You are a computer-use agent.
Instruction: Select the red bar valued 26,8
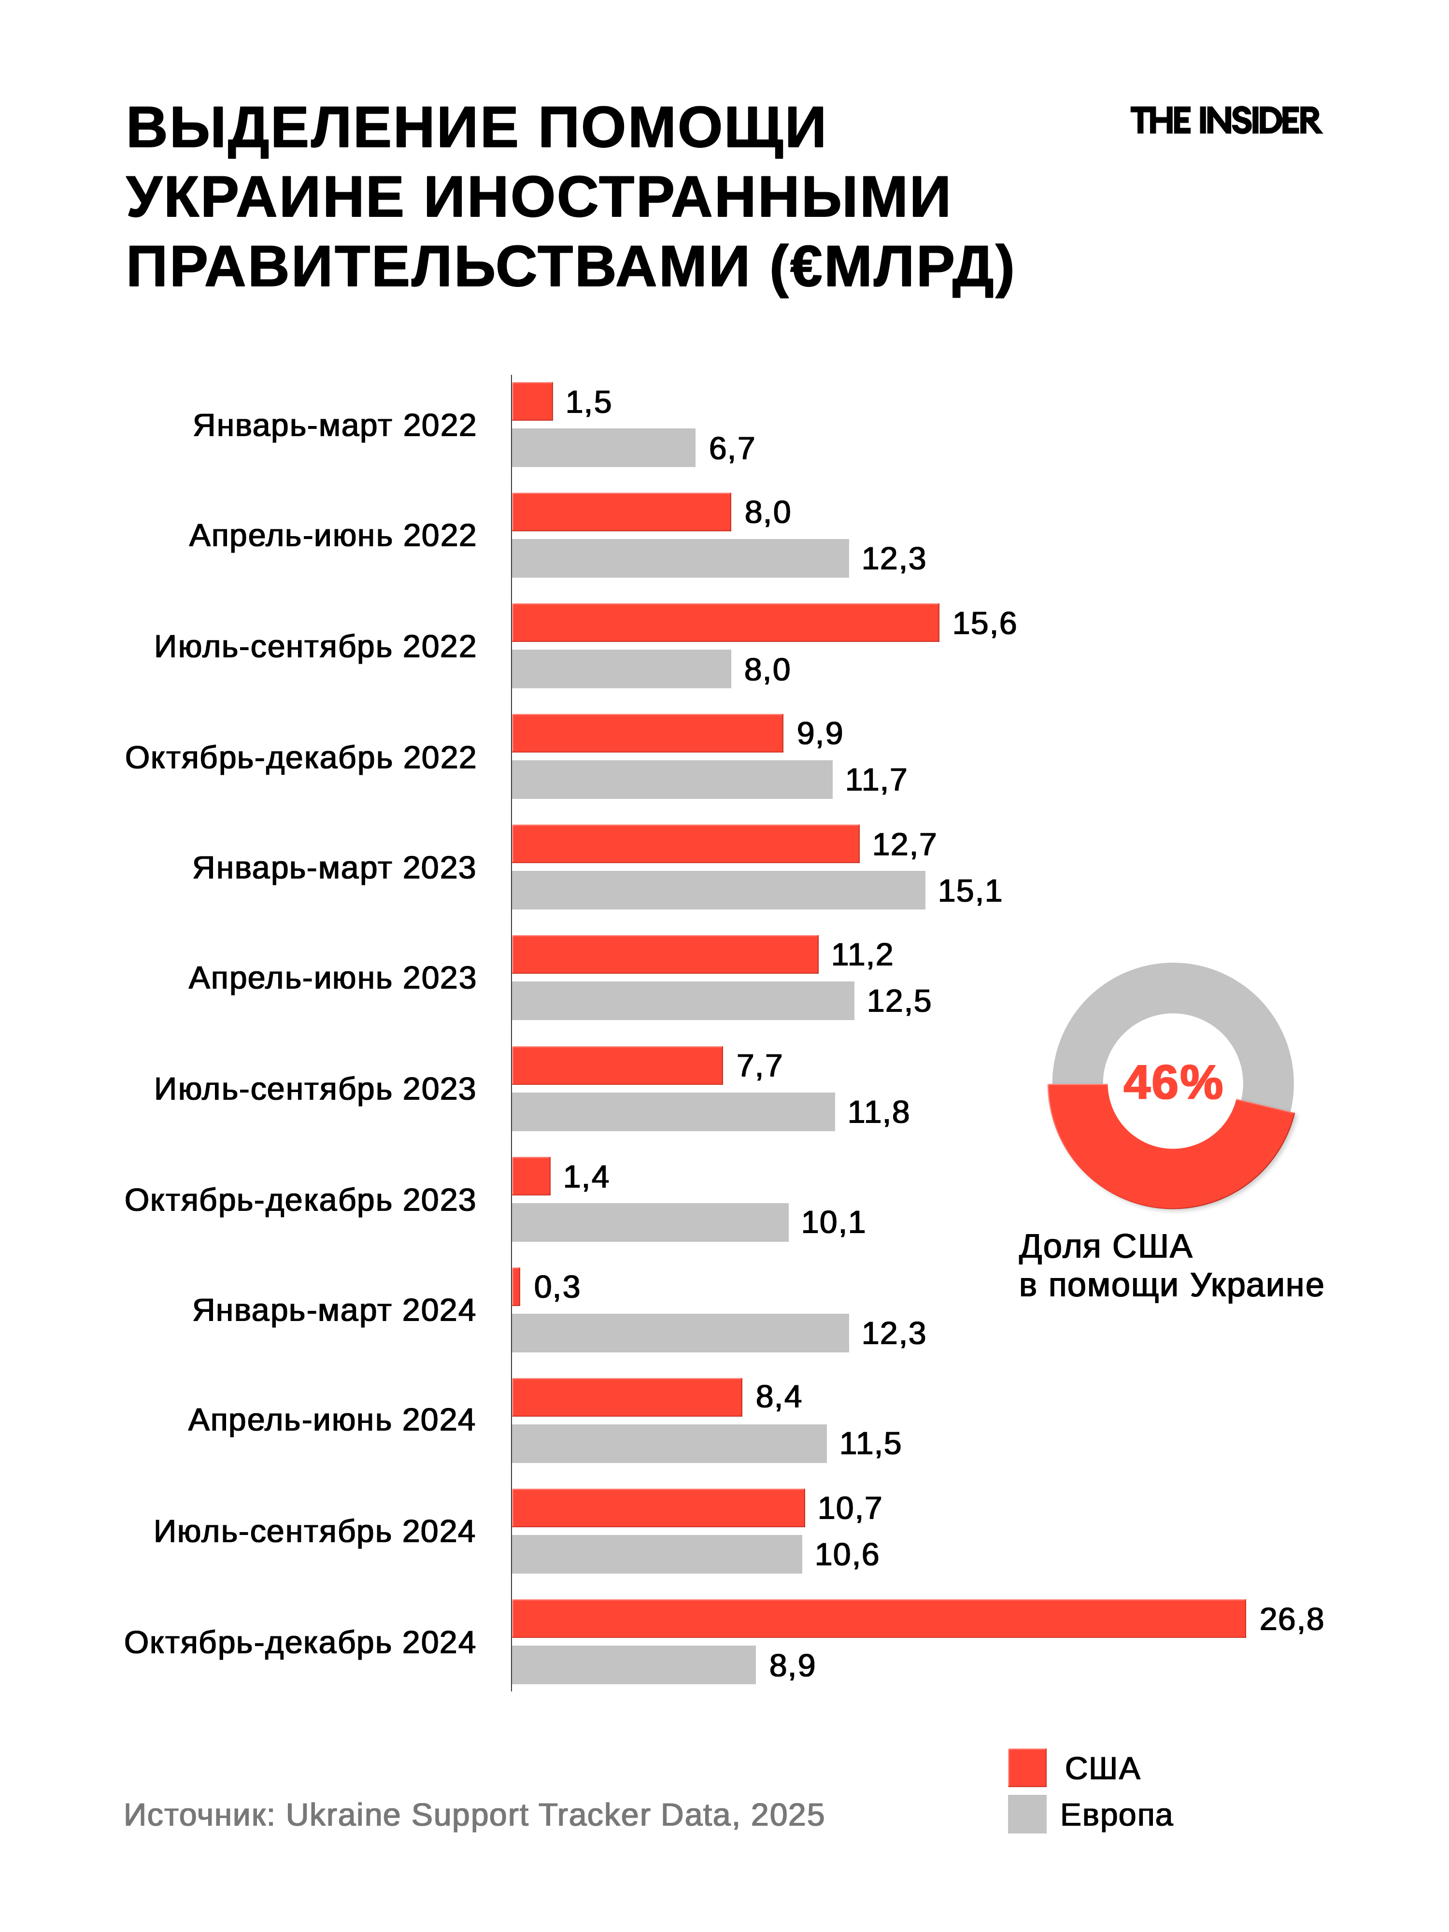tap(878, 1619)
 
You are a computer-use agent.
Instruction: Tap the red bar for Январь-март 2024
tap(516, 1287)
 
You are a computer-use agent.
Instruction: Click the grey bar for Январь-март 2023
tap(718, 890)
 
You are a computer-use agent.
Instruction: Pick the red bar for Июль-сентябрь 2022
tap(725, 623)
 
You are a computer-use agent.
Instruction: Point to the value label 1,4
tap(585, 1177)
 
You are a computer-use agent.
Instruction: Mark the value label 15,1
tap(969, 891)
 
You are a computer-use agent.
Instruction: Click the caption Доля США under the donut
tap(1105, 1246)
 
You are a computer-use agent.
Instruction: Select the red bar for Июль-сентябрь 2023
tap(617, 1065)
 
